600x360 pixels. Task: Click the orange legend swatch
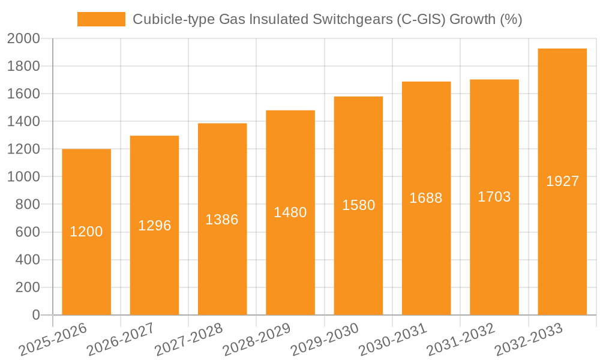(101, 19)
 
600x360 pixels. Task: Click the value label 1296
(154, 226)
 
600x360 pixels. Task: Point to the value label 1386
(222, 220)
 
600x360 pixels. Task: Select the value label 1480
(290, 212)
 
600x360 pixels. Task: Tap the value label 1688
(426, 198)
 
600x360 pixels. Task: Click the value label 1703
(494, 197)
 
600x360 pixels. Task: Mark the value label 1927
(562, 181)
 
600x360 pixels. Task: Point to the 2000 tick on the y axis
(23, 39)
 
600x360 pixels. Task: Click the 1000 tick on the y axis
(23, 177)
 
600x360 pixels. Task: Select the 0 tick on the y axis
(35, 315)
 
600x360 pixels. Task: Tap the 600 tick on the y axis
(27, 232)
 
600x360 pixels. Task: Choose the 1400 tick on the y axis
(23, 122)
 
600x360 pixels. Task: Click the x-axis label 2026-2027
(120, 340)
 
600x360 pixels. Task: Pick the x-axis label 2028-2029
(256, 340)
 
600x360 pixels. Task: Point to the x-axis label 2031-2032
(460, 340)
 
